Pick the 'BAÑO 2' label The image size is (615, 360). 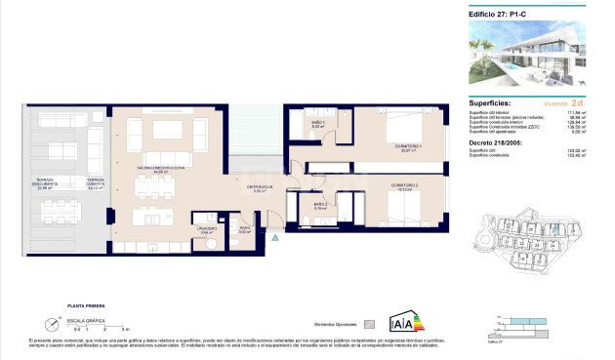coord(319,204)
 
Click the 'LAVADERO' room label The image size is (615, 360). coord(206,230)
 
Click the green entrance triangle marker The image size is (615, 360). coord(275,236)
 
